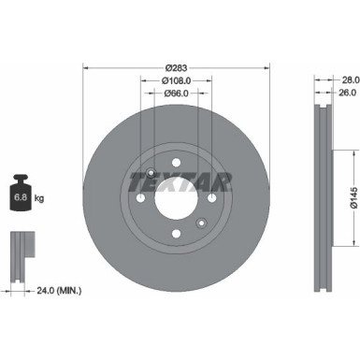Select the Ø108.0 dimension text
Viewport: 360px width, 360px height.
click(177, 81)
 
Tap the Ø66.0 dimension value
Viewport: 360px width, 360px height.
click(177, 94)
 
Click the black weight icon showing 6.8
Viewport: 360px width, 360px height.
click(20, 194)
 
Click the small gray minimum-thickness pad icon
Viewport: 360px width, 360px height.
click(20, 251)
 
